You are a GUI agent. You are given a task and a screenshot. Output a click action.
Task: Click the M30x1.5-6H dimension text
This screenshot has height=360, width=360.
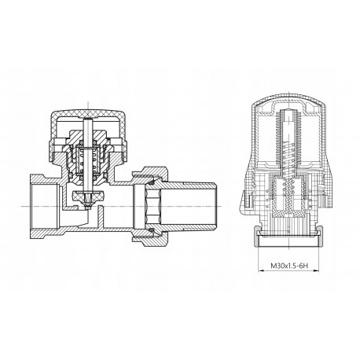tap(288, 266)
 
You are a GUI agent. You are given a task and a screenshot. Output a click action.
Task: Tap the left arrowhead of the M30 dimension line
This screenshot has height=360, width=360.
tap(260, 270)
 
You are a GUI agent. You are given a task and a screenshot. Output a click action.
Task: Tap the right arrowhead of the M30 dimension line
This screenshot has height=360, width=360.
tap(317, 270)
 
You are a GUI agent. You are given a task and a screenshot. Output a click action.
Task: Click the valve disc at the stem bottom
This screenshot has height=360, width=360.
tap(88, 195)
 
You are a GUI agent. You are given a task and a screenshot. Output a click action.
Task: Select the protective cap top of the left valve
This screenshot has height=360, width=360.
tap(88, 114)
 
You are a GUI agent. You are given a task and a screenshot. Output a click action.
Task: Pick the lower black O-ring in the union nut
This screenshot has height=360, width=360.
tap(151, 230)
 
